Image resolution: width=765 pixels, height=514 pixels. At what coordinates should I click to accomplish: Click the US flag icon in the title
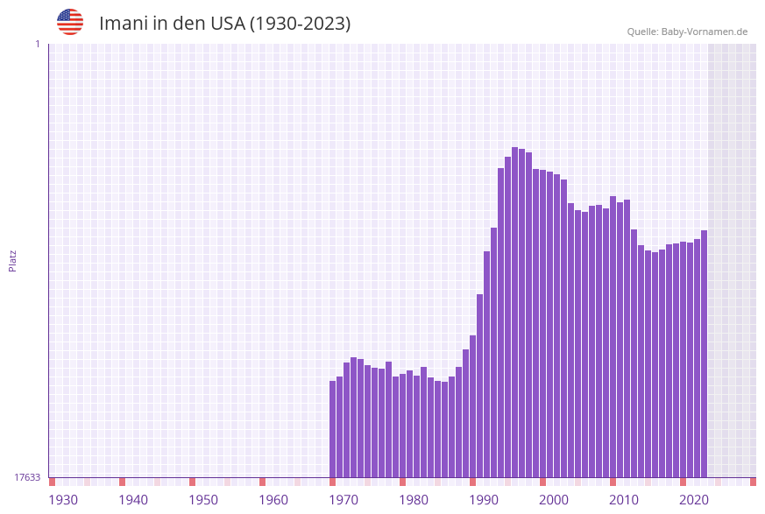pyautogui.click(x=70, y=22)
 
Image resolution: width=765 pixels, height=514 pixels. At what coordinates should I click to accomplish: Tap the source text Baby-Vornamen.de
pyautogui.click(x=704, y=32)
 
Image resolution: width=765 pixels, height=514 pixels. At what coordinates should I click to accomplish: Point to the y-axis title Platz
pyautogui.click(x=13, y=260)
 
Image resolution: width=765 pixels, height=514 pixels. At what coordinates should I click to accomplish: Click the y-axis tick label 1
pyautogui.click(x=37, y=44)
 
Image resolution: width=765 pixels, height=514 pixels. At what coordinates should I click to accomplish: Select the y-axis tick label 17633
pyautogui.click(x=27, y=477)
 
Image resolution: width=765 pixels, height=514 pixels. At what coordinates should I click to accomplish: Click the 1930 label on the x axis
pyautogui.click(x=63, y=500)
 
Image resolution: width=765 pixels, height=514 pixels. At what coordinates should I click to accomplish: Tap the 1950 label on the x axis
pyautogui.click(x=203, y=500)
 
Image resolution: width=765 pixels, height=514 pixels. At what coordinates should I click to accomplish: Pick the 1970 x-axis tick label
pyautogui.click(x=344, y=500)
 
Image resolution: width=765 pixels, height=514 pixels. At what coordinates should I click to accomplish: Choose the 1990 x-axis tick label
pyautogui.click(x=484, y=500)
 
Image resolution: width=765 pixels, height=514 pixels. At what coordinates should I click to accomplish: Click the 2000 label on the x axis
pyautogui.click(x=554, y=500)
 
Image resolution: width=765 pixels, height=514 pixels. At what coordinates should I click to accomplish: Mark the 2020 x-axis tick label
pyautogui.click(x=694, y=500)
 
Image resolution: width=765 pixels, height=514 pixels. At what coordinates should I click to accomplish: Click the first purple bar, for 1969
pyautogui.click(x=333, y=429)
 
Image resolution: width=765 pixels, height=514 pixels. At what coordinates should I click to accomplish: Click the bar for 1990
pyautogui.click(x=480, y=385)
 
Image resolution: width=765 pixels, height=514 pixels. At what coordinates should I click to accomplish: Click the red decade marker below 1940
pyautogui.click(x=123, y=482)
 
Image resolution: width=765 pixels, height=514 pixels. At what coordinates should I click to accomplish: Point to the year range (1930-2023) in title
pyautogui.click(x=301, y=24)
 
